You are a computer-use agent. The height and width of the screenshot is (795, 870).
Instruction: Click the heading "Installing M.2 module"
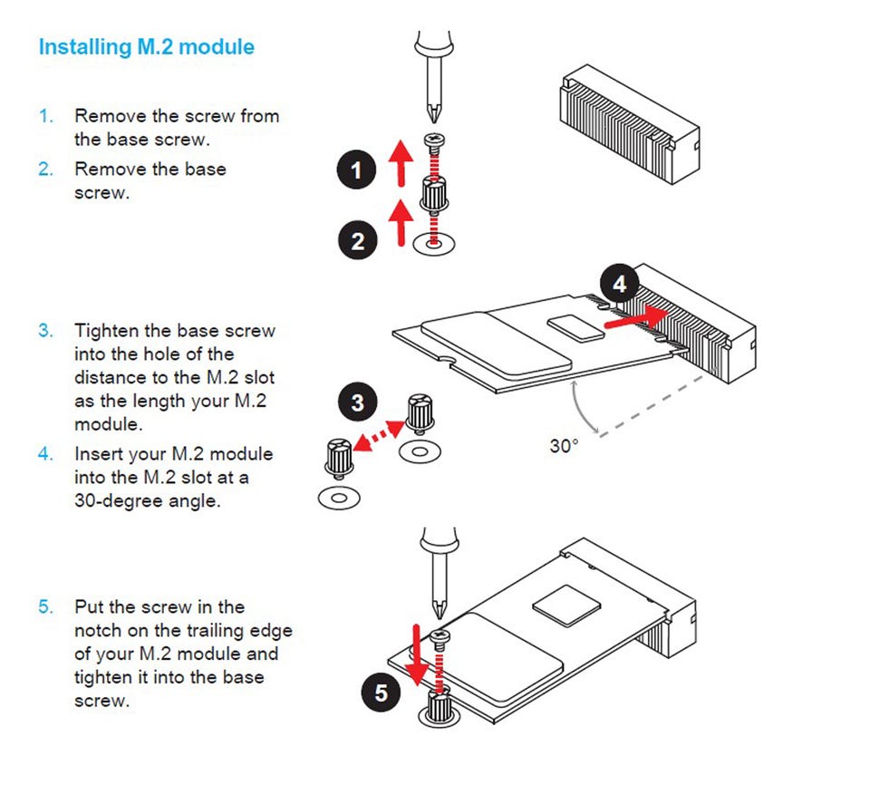[x=146, y=47]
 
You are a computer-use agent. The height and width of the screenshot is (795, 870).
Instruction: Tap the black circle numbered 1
[x=357, y=170]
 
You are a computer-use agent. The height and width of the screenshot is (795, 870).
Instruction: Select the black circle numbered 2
[x=357, y=240]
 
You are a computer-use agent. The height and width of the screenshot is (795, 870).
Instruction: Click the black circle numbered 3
[x=357, y=402]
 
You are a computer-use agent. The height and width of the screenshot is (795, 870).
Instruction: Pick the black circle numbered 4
[x=619, y=285]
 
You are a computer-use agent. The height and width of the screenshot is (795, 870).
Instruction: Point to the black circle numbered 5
[x=382, y=693]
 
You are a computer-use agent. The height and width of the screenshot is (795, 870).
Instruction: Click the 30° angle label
[x=563, y=446]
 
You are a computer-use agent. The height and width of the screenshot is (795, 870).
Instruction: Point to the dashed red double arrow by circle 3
[x=380, y=433]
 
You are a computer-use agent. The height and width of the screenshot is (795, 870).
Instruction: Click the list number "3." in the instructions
[x=45, y=330]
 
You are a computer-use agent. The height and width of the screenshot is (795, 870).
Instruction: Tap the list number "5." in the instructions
[x=45, y=606]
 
